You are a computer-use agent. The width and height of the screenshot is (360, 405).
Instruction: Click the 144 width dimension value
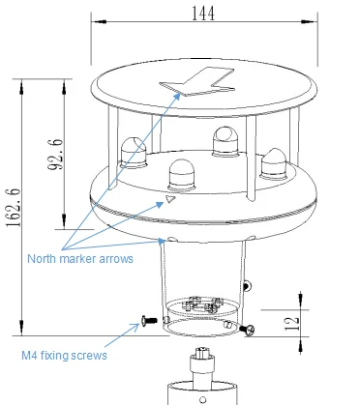(x=203, y=14)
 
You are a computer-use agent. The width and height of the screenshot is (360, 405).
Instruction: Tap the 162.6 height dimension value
(x=14, y=208)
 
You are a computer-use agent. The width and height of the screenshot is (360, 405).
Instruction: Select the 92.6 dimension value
(x=55, y=155)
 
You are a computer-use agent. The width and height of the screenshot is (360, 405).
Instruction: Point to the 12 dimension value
(x=292, y=324)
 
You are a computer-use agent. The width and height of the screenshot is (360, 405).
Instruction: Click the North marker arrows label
(x=80, y=259)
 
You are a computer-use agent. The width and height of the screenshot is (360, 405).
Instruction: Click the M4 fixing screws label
(x=64, y=356)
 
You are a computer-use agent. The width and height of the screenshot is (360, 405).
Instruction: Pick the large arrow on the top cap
(x=197, y=81)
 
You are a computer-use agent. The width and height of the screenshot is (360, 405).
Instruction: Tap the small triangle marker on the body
(x=170, y=199)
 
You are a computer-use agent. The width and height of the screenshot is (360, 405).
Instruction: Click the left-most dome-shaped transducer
(x=133, y=153)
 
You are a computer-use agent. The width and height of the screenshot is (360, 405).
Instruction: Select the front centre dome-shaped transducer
(x=182, y=176)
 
